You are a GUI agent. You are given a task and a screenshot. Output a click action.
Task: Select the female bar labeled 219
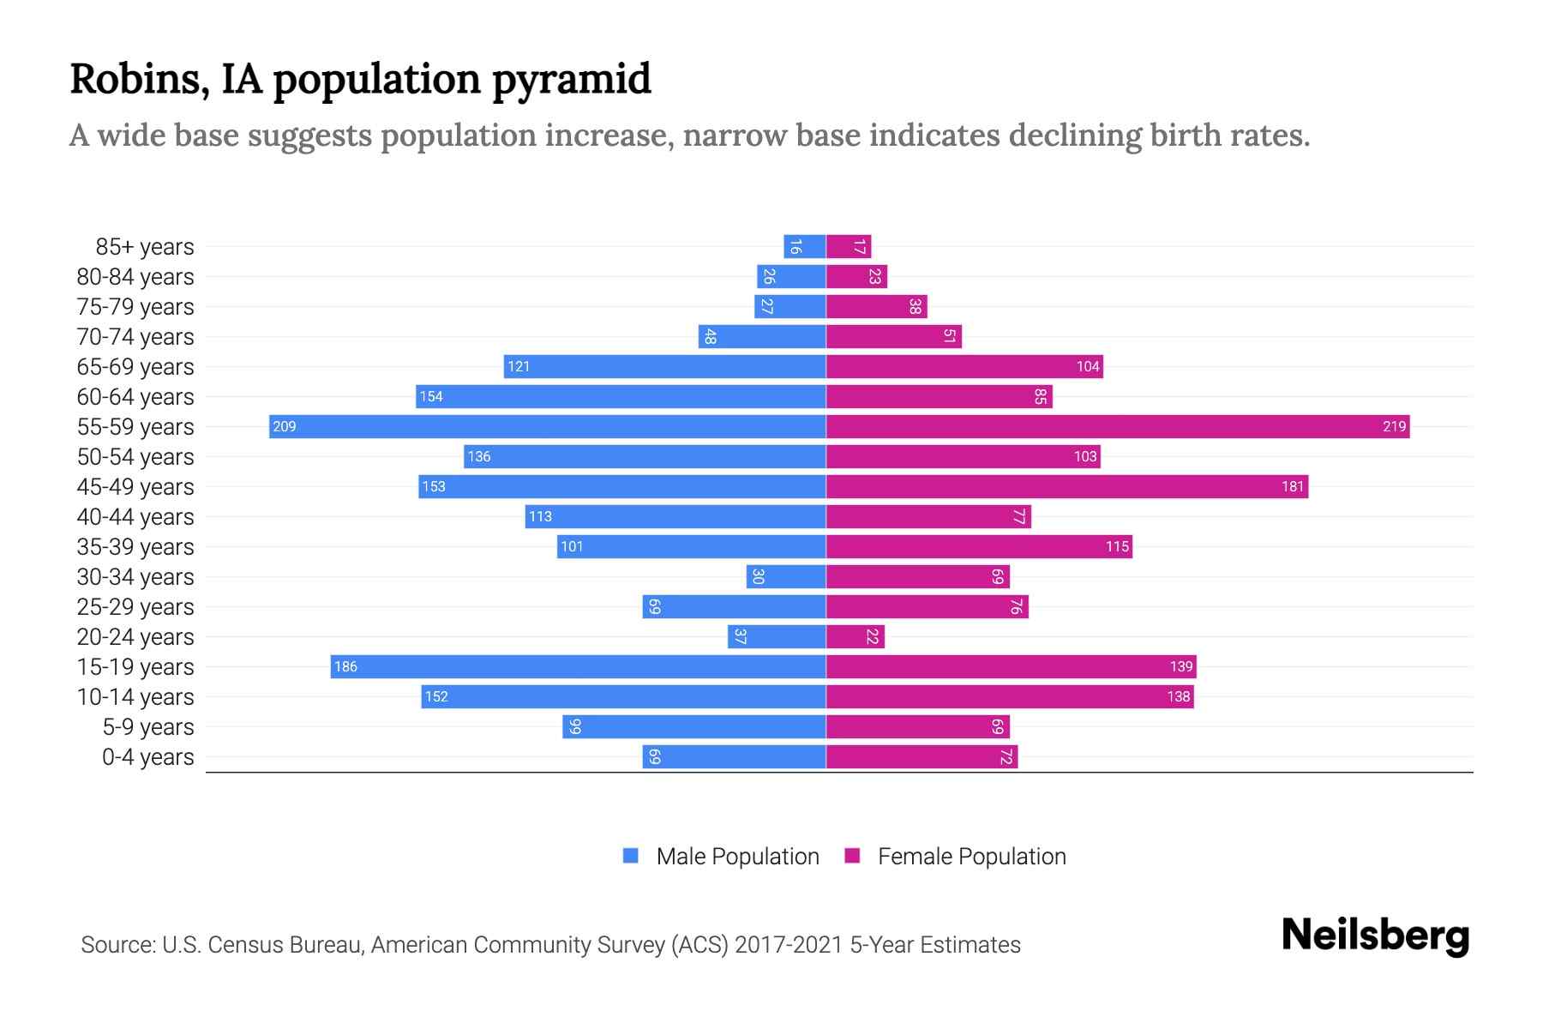click(1118, 426)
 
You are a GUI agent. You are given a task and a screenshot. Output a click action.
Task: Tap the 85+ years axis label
click(145, 247)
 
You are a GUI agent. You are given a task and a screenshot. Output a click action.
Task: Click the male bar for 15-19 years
click(578, 666)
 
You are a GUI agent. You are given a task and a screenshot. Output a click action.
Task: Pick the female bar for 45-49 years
click(1066, 486)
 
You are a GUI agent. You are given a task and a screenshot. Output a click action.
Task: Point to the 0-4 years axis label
click(147, 757)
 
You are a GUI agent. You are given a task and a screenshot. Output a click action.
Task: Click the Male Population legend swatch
click(631, 856)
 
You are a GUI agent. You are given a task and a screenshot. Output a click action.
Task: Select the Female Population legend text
click(971, 856)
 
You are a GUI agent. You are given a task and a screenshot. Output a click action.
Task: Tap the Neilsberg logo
click(1375, 936)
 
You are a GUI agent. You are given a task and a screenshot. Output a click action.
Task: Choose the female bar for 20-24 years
click(855, 636)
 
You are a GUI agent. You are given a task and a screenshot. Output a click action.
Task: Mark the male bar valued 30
click(786, 576)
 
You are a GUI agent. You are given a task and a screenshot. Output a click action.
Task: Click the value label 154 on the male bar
click(431, 396)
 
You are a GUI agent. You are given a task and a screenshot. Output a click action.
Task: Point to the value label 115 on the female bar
click(1117, 546)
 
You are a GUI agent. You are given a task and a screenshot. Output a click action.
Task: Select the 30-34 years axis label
click(135, 577)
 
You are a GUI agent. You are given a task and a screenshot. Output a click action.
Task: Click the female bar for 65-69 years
click(964, 366)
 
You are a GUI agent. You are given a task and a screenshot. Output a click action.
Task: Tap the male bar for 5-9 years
click(693, 726)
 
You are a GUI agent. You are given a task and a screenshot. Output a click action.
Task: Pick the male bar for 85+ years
click(804, 246)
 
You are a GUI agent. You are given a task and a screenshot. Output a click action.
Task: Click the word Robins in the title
click(139, 79)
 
